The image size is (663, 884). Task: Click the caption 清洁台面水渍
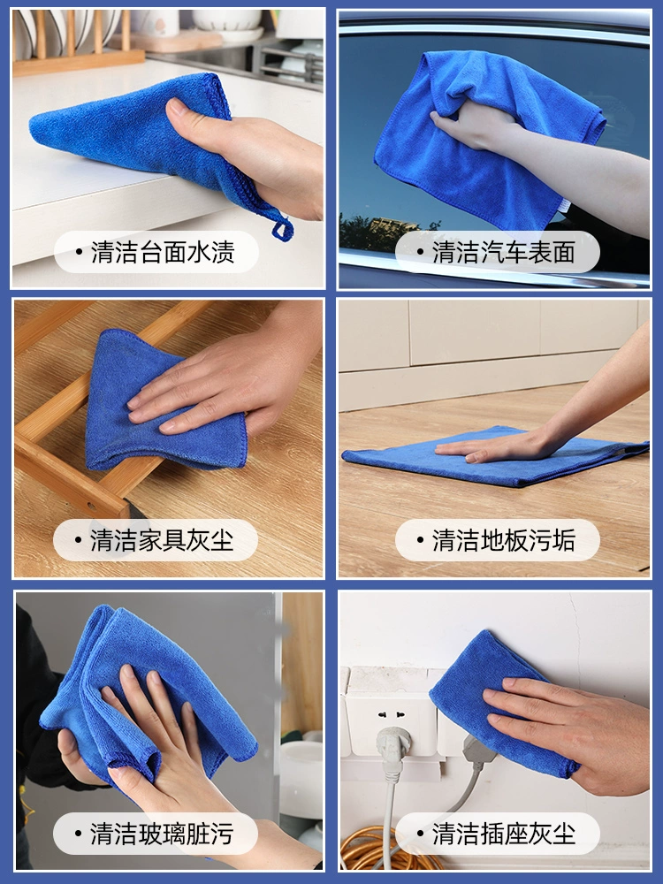tap(163, 252)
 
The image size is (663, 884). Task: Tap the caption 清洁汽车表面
tap(504, 252)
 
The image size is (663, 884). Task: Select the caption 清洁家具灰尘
tap(162, 540)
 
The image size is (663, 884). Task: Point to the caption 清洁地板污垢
tap(504, 540)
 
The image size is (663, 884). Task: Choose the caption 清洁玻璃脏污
tap(162, 834)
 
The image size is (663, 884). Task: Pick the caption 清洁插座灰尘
tap(504, 834)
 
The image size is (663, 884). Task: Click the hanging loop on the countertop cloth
tap(283, 230)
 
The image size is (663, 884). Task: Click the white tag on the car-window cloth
tap(564, 205)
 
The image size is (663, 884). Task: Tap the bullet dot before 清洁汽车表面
tap(420, 252)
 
